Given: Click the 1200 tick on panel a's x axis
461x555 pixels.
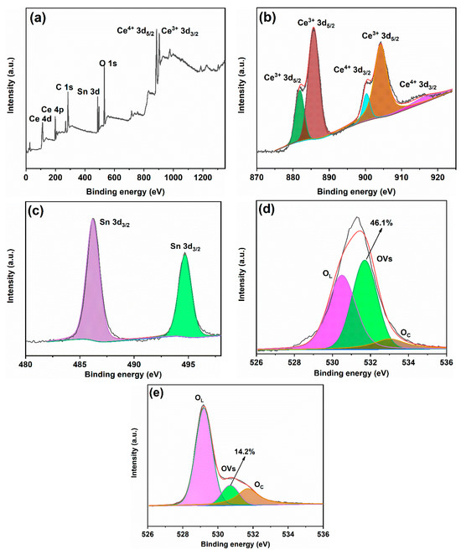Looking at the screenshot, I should click(202, 167).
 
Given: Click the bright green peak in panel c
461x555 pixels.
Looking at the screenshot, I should click(184, 302).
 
